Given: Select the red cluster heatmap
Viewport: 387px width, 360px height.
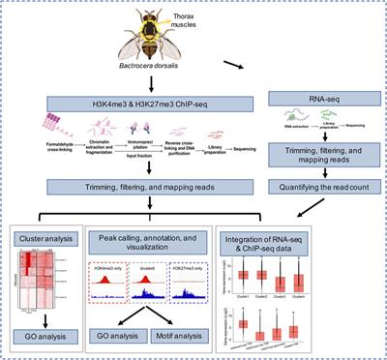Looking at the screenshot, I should [50, 281].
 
